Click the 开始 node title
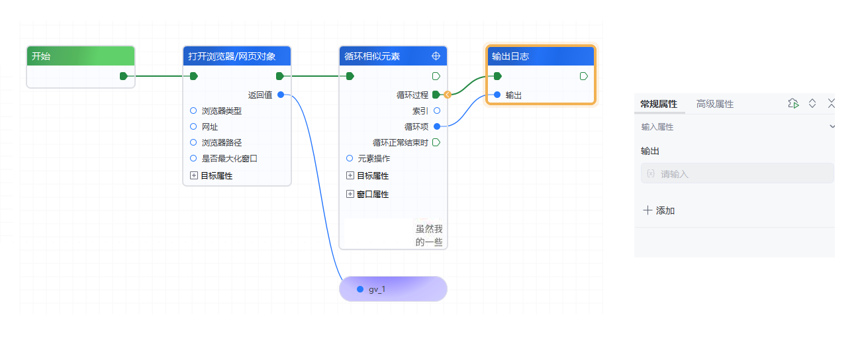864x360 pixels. pos(41,56)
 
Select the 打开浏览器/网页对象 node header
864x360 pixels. pos(232,56)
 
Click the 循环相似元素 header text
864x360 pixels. pos(372,56)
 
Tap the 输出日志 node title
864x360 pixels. pos(510,56)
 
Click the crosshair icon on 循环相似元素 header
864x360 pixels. pos(436,56)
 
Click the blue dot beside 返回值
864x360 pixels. pos(281,95)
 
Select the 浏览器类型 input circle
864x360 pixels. pos(193,111)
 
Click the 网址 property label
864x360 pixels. pos(210,126)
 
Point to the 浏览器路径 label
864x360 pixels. pos(221,142)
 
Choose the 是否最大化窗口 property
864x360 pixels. pos(229,158)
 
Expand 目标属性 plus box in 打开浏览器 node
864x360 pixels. pos(194,175)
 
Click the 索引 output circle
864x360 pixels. pos(437,111)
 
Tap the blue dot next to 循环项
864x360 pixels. pos(437,126)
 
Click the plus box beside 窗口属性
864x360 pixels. pos(350,194)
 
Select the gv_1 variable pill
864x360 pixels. pos(393,289)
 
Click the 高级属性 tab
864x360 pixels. pos(714,104)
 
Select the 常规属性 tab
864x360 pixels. pos(658,104)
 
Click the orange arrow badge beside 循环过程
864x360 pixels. pos(448,95)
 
